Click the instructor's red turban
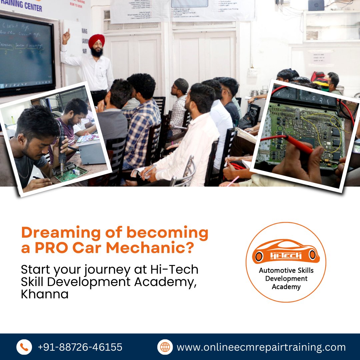(x=96, y=40)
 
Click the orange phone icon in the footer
(x=24, y=347)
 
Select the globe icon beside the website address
(x=165, y=347)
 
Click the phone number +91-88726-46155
(x=80, y=347)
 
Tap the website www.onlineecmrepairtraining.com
(x=261, y=347)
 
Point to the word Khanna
(x=45, y=294)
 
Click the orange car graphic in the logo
(x=286, y=251)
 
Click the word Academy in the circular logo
(x=286, y=287)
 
